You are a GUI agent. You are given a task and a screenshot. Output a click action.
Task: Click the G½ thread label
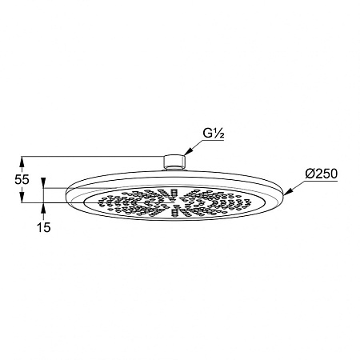[214, 134]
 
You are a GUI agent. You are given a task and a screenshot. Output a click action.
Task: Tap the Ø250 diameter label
[322, 174]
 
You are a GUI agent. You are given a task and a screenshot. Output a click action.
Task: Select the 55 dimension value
[22, 179]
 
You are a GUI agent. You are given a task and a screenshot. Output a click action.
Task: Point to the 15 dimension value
[43, 227]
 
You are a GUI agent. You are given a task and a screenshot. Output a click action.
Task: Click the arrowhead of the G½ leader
[188, 151]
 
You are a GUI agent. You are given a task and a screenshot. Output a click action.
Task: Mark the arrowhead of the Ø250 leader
[288, 191]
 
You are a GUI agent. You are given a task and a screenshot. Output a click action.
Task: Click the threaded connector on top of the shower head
[174, 162]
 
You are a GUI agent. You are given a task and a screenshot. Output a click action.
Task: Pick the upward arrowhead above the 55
[22, 162]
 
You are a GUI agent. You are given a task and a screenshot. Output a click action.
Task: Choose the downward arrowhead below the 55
[22, 198]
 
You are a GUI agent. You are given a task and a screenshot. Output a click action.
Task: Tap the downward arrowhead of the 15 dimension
[43, 183]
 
